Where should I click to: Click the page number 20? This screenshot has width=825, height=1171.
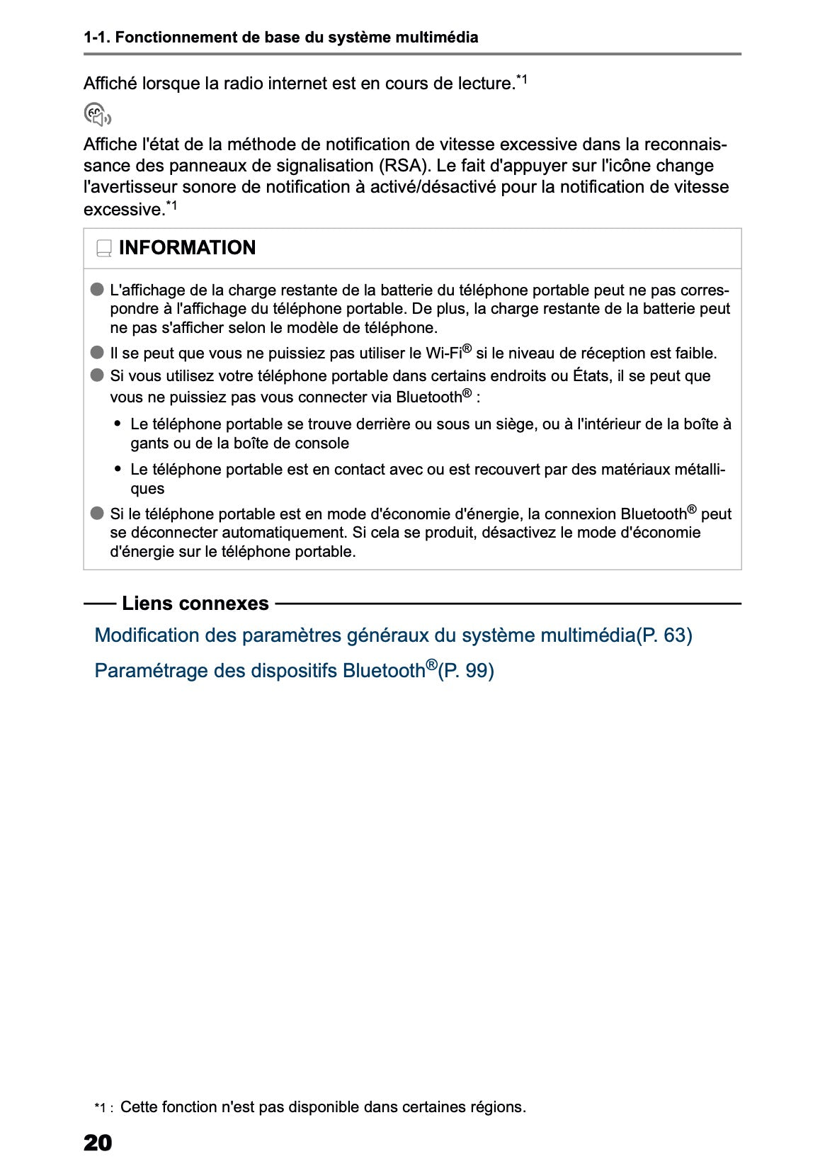coord(98,1143)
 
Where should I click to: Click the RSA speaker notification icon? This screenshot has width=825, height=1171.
coord(97,114)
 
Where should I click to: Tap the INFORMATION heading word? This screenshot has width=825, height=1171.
coord(187,248)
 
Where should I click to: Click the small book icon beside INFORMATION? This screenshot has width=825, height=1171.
coord(104,249)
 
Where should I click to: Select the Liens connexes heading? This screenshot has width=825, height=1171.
coord(195,604)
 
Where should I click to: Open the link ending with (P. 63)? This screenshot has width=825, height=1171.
coord(393,635)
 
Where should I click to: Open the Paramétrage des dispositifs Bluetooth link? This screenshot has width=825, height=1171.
coord(294,670)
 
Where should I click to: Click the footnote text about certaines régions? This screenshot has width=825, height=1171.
coord(323,1107)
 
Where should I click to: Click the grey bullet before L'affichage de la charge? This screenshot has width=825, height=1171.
coord(97,290)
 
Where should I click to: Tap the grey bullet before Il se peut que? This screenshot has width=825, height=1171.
coord(97,353)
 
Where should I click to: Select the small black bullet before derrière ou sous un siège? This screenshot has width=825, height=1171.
coord(118,424)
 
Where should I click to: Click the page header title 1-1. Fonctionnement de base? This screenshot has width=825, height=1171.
coord(280,38)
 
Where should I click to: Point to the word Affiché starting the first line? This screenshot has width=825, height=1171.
coord(110,84)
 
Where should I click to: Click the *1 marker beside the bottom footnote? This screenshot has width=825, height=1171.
coord(103,1108)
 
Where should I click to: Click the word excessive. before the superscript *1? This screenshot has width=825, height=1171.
coord(123,210)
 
